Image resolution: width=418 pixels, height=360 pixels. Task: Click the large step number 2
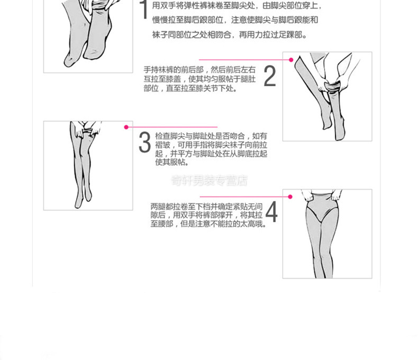pos(270,76)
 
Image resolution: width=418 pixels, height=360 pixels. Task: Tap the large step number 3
pos(145,142)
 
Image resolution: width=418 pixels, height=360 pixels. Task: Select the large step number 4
pos(271,211)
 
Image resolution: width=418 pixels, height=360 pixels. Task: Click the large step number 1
pos(144,9)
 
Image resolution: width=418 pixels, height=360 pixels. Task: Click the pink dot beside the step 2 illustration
pos(291,60)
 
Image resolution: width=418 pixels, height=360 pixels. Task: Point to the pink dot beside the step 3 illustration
pos(126,127)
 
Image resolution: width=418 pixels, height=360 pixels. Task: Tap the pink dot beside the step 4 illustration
pos(290,197)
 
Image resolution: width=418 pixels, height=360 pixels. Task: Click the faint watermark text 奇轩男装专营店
pos(210,180)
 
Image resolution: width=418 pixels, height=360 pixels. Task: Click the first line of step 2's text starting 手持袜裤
pos(199,70)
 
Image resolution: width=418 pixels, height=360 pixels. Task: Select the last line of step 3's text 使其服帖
pos(172,162)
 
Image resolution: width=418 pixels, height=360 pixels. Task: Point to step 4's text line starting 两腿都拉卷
pos(206,206)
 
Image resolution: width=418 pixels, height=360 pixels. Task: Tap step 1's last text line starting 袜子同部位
pos(229,34)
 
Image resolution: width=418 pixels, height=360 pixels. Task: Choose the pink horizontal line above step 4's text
pos(244,197)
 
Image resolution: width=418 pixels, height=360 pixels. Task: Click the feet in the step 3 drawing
pos(83,198)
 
